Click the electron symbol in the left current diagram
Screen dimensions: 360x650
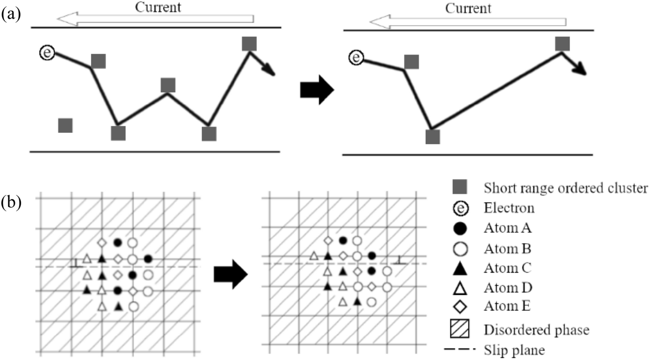pyautogui.click(x=47, y=53)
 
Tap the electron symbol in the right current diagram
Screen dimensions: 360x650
pyautogui.click(x=356, y=58)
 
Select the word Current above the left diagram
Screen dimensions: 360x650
pyautogui.click(x=158, y=7)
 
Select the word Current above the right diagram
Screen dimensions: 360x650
pyautogui.click(x=468, y=8)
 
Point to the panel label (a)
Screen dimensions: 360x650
pyautogui.click(x=11, y=14)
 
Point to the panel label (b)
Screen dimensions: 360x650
pyautogui.click(x=11, y=201)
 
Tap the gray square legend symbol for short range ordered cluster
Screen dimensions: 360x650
pyautogui.click(x=460, y=187)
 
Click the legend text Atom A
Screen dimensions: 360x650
pyautogui.click(x=507, y=228)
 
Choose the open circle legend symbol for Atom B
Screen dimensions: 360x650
pyautogui.click(x=460, y=249)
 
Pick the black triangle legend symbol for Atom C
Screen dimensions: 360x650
pyautogui.click(x=460, y=269)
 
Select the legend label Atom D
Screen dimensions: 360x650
pyautogui.click(x=508, y=287)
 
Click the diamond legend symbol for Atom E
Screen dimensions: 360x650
pyautogui.click(x=460, y=307)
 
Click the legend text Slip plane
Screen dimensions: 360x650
pyautogui.click(x=514, y=350)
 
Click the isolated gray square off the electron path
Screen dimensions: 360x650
pyautogui.click(x=65, y=125)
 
